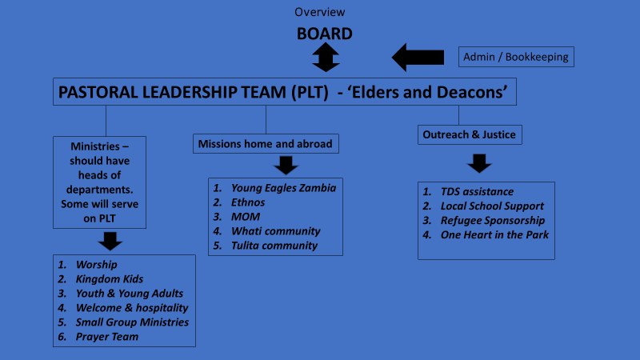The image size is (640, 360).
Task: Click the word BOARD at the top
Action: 325,34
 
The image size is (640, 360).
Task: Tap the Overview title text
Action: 319,12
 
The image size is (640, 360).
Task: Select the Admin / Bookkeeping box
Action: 516,57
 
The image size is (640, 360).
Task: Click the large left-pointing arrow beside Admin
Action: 418,57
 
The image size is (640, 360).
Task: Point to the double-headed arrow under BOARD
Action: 326,57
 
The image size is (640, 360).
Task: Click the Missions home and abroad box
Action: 266,144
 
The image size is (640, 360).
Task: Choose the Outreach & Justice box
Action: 470,134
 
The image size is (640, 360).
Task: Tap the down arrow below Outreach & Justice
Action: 479,163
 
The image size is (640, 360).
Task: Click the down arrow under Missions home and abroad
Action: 286,166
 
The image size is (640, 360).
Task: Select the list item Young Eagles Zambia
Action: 284,188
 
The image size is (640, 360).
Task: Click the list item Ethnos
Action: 248,202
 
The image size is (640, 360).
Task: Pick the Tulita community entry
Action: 274,246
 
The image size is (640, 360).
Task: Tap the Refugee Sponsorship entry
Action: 493,221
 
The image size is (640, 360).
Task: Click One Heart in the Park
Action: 494,235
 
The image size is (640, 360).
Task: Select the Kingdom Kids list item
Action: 110,279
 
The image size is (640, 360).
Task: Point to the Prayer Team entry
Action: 107,337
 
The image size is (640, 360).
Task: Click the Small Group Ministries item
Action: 132,322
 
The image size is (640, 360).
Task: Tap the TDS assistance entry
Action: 477,192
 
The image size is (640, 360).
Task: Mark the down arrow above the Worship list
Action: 110,242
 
